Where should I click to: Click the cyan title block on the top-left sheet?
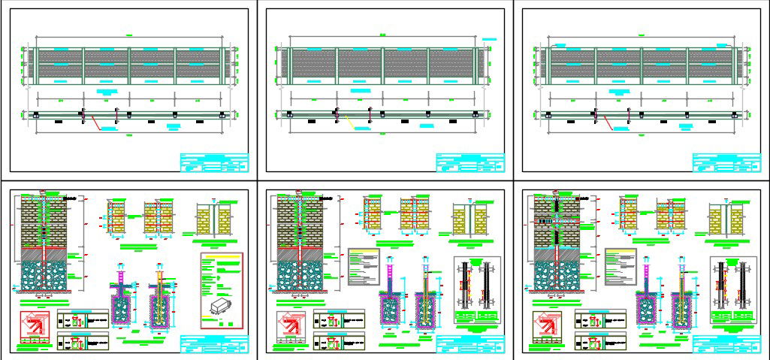pos(214,162)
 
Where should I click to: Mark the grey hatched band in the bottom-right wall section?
pos(554,255)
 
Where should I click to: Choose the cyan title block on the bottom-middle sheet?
pos(471,345)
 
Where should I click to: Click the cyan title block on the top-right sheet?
pos(727,162)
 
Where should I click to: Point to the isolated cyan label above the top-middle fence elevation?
pos(491,39)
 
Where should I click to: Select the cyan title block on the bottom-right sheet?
pos(727,345)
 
